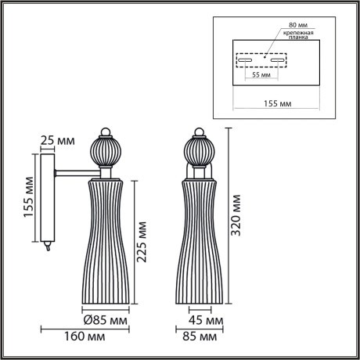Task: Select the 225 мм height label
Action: coord(142,243)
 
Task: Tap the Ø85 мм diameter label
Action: coord(106,319)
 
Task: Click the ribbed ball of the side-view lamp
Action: coord(106,149)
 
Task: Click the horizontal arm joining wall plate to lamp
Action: coord(75,171)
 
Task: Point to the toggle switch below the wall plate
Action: coord(48,246)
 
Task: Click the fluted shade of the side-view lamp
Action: coord(106,243)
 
